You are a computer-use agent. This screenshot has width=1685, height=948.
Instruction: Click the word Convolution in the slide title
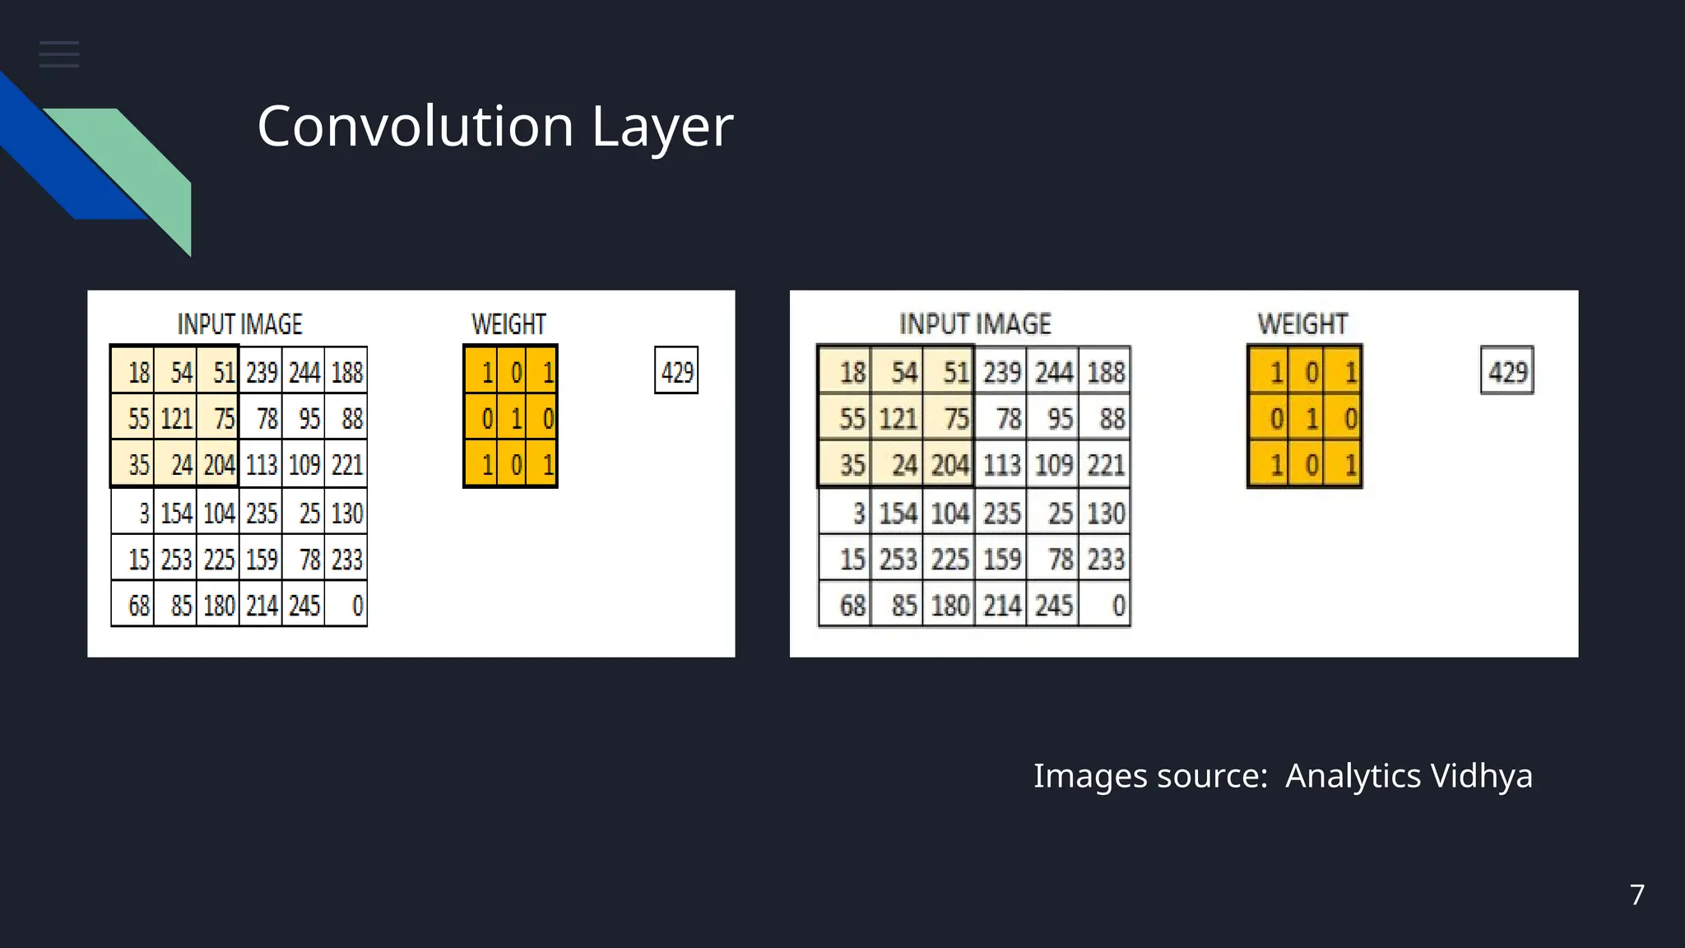pos(415,127)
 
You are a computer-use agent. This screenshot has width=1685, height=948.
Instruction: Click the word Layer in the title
pos(661,127)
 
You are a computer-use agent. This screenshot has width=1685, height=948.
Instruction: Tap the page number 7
pos(1636,895)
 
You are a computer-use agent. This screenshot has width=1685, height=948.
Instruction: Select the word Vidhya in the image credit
pos(1481,776)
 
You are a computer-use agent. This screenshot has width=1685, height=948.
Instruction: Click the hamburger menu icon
pos(59,54)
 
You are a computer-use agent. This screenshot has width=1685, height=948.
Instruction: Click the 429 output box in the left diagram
pos(676,371)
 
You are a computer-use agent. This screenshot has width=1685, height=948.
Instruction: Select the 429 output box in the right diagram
pos(1506,371)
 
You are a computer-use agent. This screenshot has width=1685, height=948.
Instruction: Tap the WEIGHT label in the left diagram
pos(508,324)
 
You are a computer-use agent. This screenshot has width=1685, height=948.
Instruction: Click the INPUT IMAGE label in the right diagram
pos(975,324)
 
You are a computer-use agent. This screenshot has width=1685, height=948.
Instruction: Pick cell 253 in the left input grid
pos(175,560)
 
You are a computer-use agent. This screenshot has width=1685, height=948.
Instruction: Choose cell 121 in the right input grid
pos(897,419)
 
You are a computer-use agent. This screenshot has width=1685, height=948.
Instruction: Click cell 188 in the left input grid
pos(346,373)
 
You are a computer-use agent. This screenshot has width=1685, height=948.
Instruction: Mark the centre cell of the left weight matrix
pos(515,419)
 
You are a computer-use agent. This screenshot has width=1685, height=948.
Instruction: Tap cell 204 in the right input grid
pos(949,466)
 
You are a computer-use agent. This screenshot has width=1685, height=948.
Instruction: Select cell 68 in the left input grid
pos(135,606)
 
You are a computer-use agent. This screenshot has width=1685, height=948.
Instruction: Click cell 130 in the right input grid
pos(1105,513)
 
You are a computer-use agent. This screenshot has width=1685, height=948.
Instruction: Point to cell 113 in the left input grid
pos(261,466)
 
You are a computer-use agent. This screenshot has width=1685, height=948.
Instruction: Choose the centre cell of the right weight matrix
pos(1311,419)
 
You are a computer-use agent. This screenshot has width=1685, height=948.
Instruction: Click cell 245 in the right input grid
pos(1053,606)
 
